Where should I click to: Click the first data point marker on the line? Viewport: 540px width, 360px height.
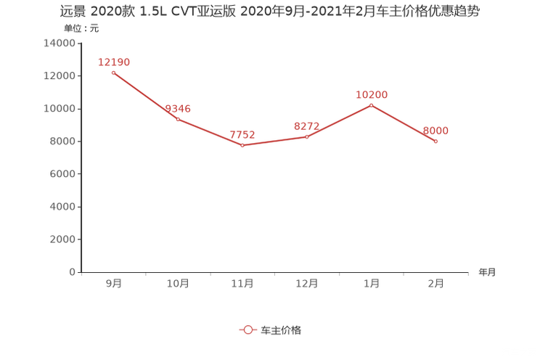coord(113,73)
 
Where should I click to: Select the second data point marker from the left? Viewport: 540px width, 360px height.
coord(178,120)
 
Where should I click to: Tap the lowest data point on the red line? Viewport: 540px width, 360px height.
coord(242,146)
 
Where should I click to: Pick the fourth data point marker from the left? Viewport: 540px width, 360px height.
coord(307,136)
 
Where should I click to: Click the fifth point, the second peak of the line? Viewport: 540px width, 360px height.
coord(371,105)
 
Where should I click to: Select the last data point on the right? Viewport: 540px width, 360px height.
coord(435,141)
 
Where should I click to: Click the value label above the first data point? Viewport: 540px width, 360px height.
coord(113,62)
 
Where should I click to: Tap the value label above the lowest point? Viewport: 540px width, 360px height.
coord(242,134)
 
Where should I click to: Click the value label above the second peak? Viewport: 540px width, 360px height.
coord(372,94)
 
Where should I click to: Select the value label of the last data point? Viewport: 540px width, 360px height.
coord(436,130)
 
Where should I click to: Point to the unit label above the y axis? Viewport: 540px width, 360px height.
coord(81,30)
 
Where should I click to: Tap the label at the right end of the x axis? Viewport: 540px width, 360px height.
coord(487,273)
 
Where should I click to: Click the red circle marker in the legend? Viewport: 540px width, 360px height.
coord(247,330)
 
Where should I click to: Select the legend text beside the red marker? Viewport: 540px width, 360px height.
coord(281,330)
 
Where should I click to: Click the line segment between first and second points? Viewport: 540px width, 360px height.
coord(145,96)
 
